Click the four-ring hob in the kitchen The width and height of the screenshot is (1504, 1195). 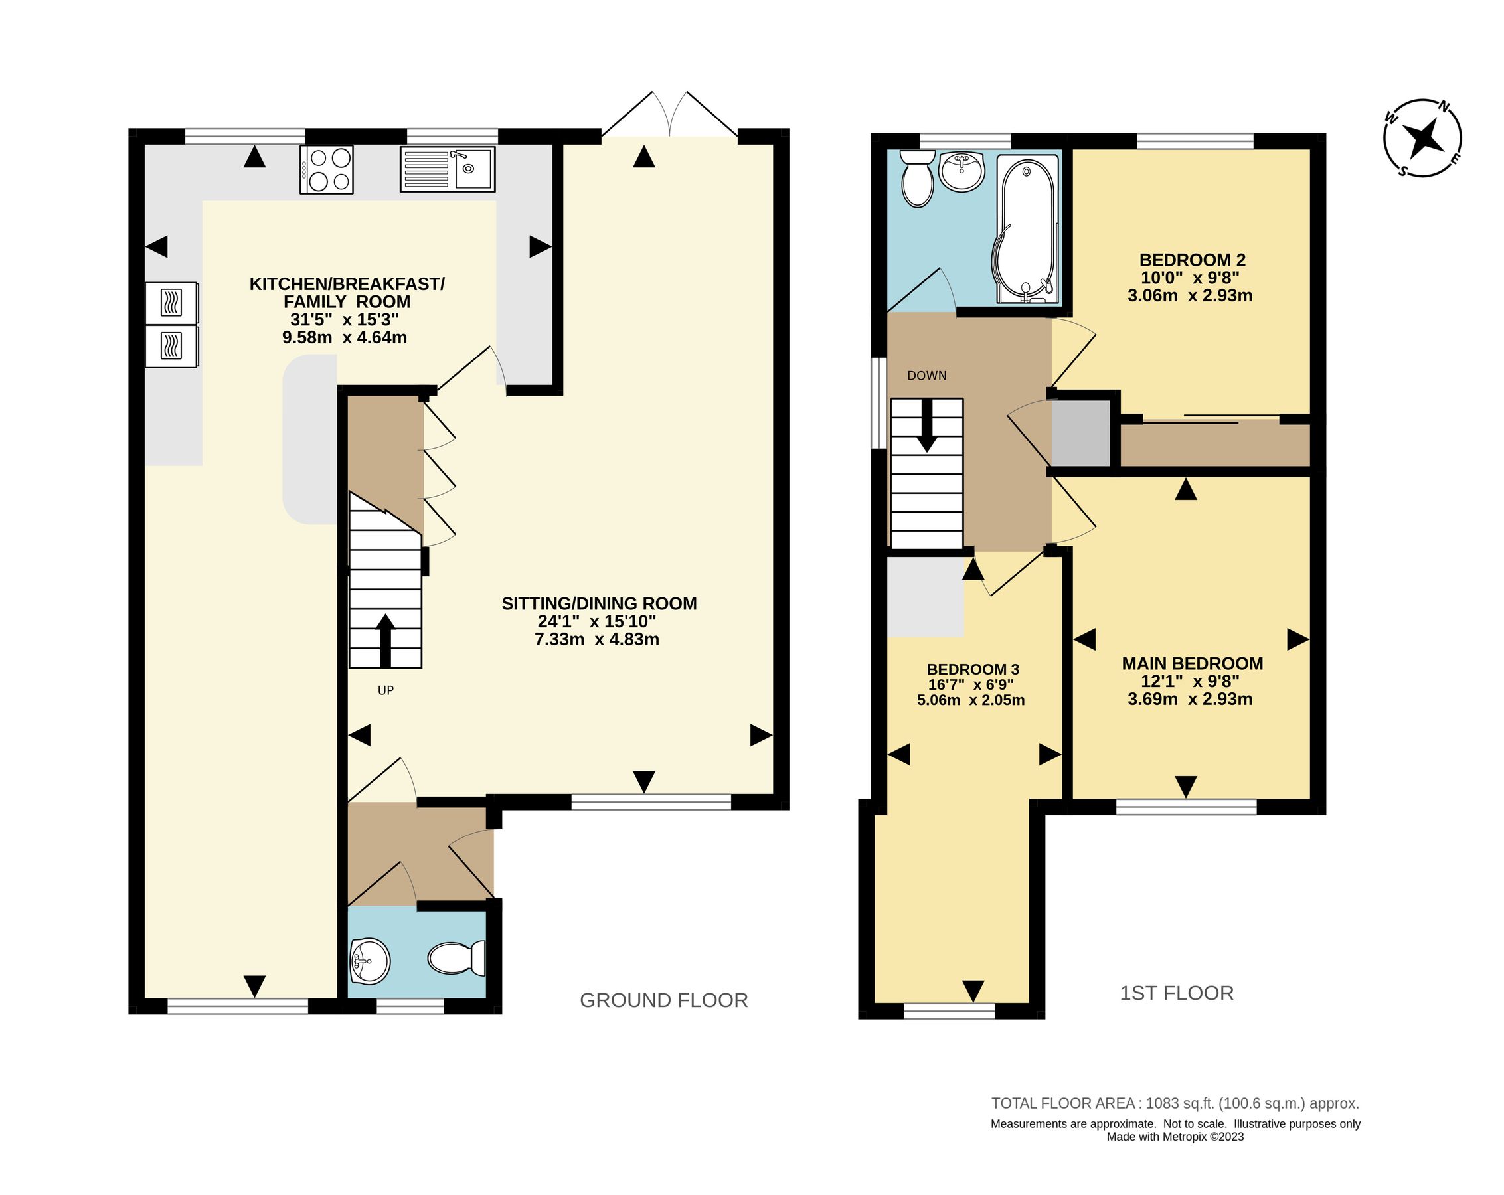click(x=327, y=169)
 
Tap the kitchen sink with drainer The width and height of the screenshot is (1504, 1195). click(x=447, y=169)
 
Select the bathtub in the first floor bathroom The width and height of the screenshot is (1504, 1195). click(x=1027, y=229)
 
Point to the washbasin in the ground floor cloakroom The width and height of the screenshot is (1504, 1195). click(x=369, y=962)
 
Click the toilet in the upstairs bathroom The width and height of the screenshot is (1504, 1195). click(x=917, y=179)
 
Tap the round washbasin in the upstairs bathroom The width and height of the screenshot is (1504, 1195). click(x=961, y=171)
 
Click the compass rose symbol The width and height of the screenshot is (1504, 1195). click(x=1422, y=138)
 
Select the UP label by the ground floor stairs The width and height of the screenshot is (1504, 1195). click(x=386, y=690)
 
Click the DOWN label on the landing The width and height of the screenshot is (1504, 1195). click(x=926, y=376)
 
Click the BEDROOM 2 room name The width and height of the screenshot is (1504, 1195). click(x=1192, y=260)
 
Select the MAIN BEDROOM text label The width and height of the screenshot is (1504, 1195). click(x=1192, y=663)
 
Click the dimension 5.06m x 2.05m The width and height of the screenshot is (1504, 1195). click(x=970, y=700)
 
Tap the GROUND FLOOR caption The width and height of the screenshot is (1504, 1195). click(x=663, y=1000)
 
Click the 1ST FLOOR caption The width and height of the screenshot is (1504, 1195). click(x=1176, y=993)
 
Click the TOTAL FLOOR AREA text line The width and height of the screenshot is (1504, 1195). click(x=1175, y=1103)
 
